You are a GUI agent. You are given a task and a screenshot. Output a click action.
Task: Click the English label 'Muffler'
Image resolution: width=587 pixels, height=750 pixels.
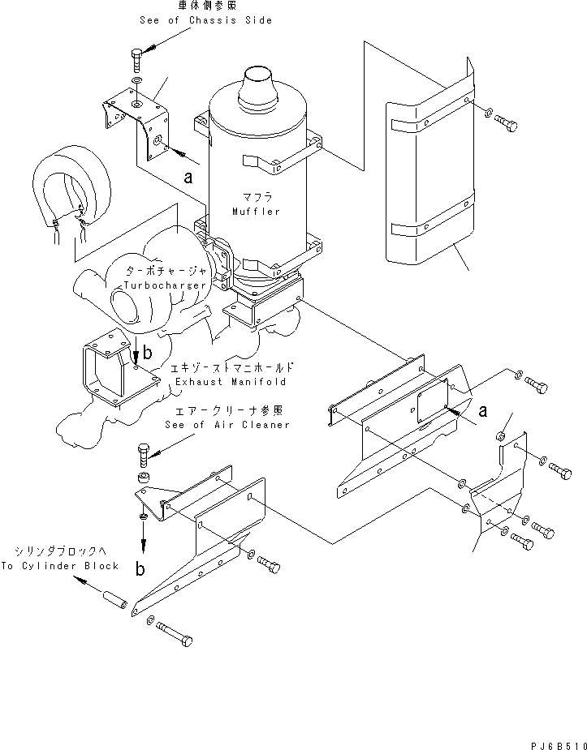[x=256, y=212]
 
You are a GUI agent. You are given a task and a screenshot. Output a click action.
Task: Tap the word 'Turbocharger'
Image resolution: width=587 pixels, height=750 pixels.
[x=162, y=286]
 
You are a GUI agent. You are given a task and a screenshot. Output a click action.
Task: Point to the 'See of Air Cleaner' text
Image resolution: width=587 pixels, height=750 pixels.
[x=227, y=425]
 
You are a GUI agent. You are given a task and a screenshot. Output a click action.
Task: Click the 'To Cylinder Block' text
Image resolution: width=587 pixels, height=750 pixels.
[x=59, y=566]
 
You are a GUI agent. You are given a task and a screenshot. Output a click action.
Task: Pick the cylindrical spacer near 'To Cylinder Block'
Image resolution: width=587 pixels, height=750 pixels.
[x=114, y=605]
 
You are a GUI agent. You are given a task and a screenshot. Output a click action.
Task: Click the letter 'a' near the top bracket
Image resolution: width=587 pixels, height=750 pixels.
[x=189, y=175]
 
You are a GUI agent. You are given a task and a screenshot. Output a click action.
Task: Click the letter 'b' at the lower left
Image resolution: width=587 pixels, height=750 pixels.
[x=140, y=568]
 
